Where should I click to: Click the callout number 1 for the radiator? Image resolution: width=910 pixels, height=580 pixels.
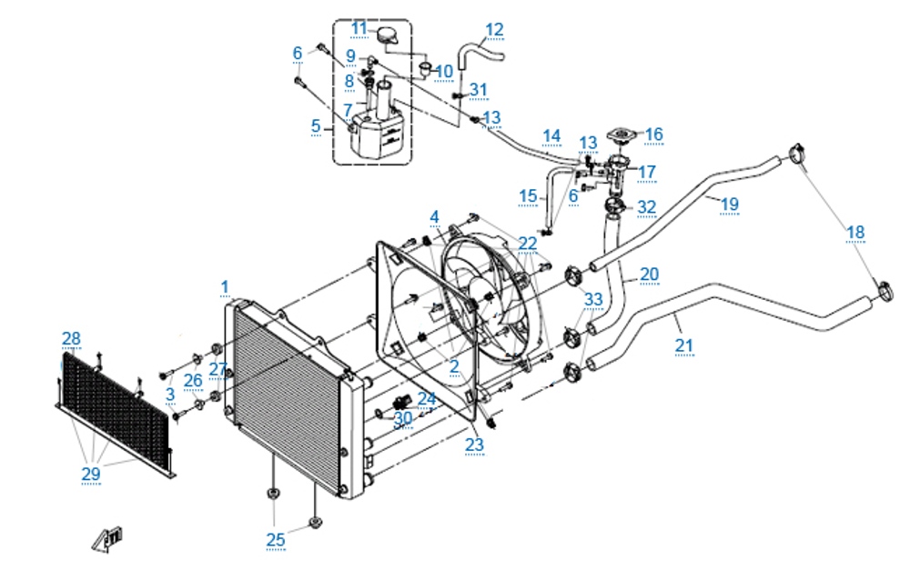[225, 287]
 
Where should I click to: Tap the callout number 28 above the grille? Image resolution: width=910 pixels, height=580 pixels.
[71, 339]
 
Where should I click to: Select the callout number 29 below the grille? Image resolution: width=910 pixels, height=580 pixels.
[90, 473]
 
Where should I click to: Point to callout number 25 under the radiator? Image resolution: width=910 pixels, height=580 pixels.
[276, 539]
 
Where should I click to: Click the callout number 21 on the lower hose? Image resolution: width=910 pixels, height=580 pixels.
[683, 345]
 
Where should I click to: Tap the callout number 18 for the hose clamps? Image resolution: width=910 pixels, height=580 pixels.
[854, 232]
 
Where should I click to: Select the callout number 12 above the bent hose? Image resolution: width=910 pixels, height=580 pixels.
[494, 30]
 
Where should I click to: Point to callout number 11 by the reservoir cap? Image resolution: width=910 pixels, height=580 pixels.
[359, 28]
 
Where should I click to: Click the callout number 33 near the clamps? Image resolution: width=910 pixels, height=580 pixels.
[593, 298]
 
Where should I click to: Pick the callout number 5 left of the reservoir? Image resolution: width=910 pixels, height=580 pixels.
[316, 125]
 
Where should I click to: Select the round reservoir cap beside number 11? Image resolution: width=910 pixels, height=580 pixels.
[389, 36]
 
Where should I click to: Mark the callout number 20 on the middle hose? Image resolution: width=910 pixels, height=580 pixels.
[649, 274]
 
